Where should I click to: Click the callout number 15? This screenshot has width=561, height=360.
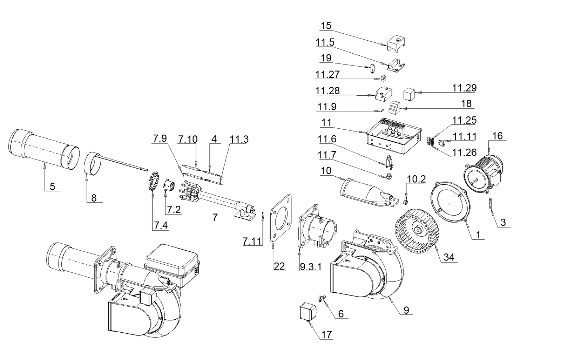pos(326,26)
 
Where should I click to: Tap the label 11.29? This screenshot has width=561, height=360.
pos(464,88)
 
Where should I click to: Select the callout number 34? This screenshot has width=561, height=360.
pos(449,257)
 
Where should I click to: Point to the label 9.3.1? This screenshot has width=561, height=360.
pos(311,267)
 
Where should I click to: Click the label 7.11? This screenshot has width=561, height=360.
pos(252,241)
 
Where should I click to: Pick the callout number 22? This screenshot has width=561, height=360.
pos(279,266)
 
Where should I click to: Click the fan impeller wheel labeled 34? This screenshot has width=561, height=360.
pos(417,231)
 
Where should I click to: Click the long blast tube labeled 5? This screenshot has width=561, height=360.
pos(44,149)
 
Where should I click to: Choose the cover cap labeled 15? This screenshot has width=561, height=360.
pos(396,44)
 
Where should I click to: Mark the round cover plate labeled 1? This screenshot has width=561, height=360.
pos(450,202)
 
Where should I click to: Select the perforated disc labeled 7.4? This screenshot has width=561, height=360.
pos(154,181)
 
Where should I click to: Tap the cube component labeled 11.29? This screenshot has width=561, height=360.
pos(409,94)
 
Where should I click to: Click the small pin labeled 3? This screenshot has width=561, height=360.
pos(491,203)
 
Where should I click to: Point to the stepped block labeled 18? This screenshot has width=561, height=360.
pos(394,107)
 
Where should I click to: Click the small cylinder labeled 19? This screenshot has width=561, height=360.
pos(373,68)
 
